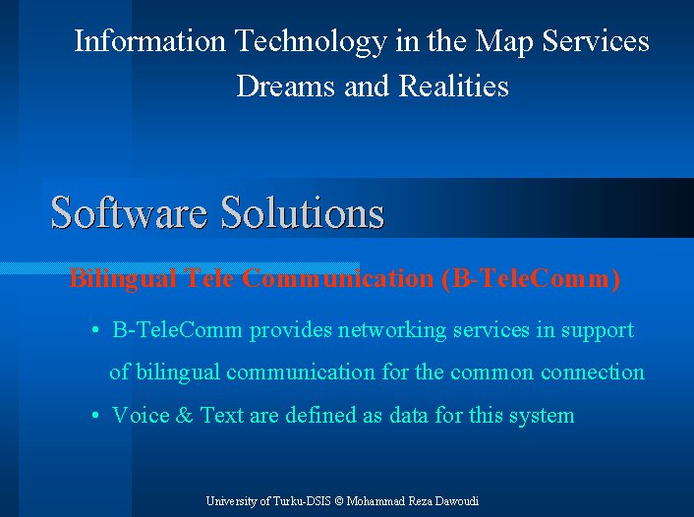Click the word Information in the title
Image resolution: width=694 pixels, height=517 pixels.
point(149,40)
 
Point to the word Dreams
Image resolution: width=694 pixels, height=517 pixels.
point(286,86)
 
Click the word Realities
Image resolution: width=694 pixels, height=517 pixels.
point(454,86)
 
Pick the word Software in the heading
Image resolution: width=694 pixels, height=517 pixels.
point(129,212)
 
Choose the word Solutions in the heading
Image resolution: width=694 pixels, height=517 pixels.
point(303,212)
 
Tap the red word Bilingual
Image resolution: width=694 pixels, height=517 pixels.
point(123,279)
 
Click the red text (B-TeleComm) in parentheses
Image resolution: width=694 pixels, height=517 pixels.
point(531,279)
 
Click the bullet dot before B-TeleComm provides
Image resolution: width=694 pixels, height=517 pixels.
point(94,330)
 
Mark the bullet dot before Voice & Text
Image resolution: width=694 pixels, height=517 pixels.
point(94,415)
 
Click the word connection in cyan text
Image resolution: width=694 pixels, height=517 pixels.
point(593,372)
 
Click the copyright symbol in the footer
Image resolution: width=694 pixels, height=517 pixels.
point(339,501)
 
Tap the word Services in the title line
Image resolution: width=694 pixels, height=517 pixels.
point(596,40)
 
